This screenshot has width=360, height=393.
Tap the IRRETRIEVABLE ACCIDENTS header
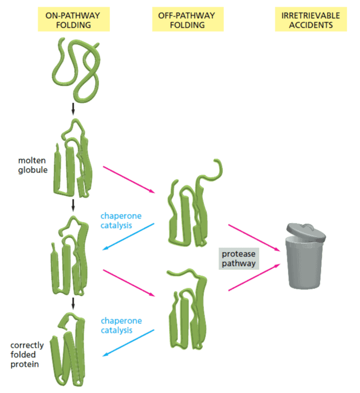coord(310,20)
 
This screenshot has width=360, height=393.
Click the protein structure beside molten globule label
coord(72,159)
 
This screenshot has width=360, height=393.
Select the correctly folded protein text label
coord(27,355)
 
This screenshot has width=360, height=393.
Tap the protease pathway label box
coord(239,258)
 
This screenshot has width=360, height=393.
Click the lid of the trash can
coord(304,231)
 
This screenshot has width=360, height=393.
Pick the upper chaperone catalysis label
coord(121,221)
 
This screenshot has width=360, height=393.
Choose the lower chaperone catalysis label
coord(121,326)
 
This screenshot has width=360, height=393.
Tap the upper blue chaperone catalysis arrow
coord(128,237)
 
